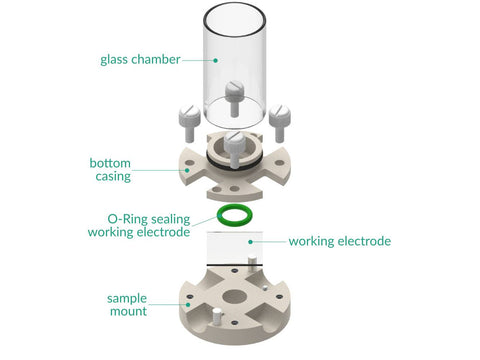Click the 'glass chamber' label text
click(x=140, y=60)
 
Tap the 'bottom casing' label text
click(x=110, y=170)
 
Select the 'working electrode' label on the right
click(x=340, y=241)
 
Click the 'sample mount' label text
click(x=127, y=305)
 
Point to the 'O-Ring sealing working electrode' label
click(x=139, y=226)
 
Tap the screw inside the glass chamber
click(x=234, y=98)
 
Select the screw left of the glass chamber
click(x=189, y=122)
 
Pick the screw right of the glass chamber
click(x=280, y=122)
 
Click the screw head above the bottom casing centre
click(x=235, y=141)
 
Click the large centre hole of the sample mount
click(x=235, y=297)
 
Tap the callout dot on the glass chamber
click(x=216, y=60)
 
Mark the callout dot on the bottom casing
click(x=187, y=170)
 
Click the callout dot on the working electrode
click(x=250, y=242)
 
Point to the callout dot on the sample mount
click(x=188, y=304)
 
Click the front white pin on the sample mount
click(x=217, y=316)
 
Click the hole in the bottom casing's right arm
click(x=280, y=163)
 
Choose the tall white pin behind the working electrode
click(x=252, y=261)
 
